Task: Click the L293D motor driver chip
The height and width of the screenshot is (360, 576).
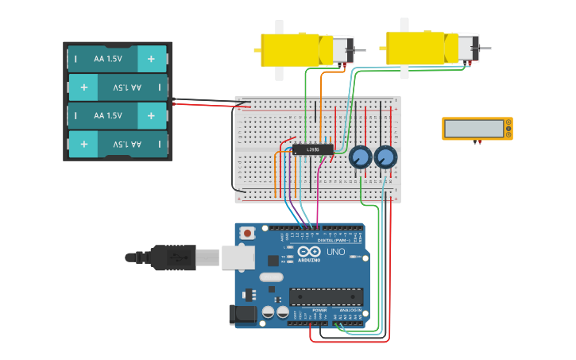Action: (x=312, y=149)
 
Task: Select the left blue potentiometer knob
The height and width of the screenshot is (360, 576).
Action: (x=360, y=157)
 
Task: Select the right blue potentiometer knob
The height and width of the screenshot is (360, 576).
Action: (x=385, y=157)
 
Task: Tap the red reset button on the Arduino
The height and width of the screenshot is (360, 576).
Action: (x=248, y=234)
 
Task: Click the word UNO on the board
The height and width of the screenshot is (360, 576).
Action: (x=336, y=252)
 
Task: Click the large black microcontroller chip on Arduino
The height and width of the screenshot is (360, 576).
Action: (x=326, y=296)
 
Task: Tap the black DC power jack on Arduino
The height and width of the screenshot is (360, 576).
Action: (x=243, y=315)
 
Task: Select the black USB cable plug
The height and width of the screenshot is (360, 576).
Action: (x=172, y=257)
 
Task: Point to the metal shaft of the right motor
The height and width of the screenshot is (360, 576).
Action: (x=485, y=48)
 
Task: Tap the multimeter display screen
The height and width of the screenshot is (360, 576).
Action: (x=474, y=128)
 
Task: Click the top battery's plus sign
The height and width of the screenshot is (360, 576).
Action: (x=151, y=58)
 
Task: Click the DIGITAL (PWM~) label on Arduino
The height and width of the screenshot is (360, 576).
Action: (x=334, y=239)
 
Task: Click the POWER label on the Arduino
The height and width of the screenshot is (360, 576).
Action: (x=308, y=310)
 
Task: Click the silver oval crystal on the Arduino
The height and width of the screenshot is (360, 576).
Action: (x=271, y=277)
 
